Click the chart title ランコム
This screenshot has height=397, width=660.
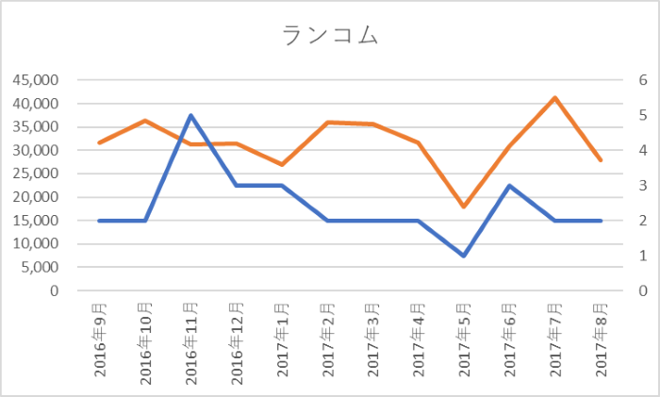(x=330, y=36)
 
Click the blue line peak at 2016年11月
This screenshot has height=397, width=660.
(x=190, y=115)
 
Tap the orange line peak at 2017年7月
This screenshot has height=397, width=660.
(x=555, y=98)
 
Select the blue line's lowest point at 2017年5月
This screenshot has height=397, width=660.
(x=464, y=256)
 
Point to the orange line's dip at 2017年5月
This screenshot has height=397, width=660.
(x=464, y=207)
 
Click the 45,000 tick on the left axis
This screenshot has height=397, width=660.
(x=34, y=80)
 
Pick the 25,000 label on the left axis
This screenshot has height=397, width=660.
(x=34, y=174)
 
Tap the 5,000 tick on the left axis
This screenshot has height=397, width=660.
(x=39, y=267)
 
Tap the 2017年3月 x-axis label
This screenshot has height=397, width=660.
(x=373, y=339)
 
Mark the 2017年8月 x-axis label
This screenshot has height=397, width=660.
(x=602, y=339)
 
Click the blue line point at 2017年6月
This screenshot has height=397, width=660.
(x=510, y=186)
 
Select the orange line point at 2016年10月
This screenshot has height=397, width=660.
(x=145, y=121)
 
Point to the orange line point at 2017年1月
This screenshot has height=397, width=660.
(x=282, y=164)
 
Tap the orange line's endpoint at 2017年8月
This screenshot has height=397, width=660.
(x=602, y=160)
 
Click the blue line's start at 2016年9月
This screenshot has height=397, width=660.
(x=100, y=221)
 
